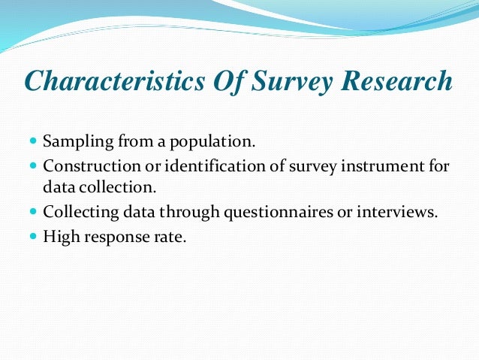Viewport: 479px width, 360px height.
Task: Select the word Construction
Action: point(86,165)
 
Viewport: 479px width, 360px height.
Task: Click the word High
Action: point(59,236)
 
